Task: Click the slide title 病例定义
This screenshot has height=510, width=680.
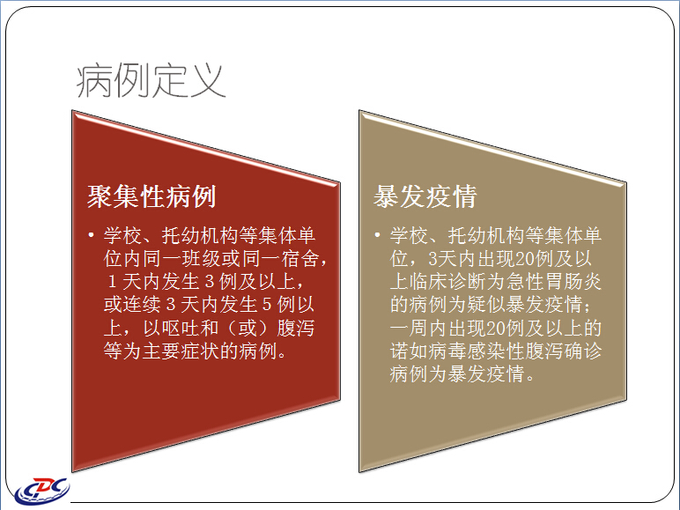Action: tap(151, 81)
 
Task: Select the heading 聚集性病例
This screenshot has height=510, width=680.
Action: tap(152, 196)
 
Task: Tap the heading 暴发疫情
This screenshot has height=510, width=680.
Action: tap(425, 196)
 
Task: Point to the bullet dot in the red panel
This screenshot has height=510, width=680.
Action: tap(91, 235)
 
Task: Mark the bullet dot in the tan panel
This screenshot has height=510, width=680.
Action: tap(377, 235)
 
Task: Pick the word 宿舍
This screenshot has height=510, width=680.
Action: tap(301, 258)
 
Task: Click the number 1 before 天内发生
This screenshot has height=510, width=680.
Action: tap(112, 282)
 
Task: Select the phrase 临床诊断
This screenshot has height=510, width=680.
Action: tap(447, 282)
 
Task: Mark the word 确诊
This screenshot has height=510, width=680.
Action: tap(583, 351)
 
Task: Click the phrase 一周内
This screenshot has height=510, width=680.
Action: tap(418, 328)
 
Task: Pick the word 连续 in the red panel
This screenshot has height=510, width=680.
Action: tap(143, 305)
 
